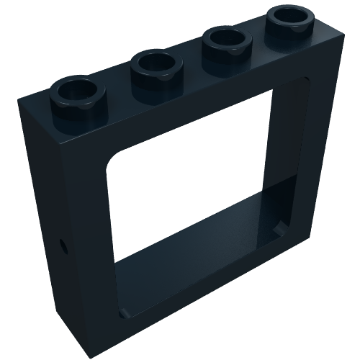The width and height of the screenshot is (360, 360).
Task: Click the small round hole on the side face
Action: [63, 245]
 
